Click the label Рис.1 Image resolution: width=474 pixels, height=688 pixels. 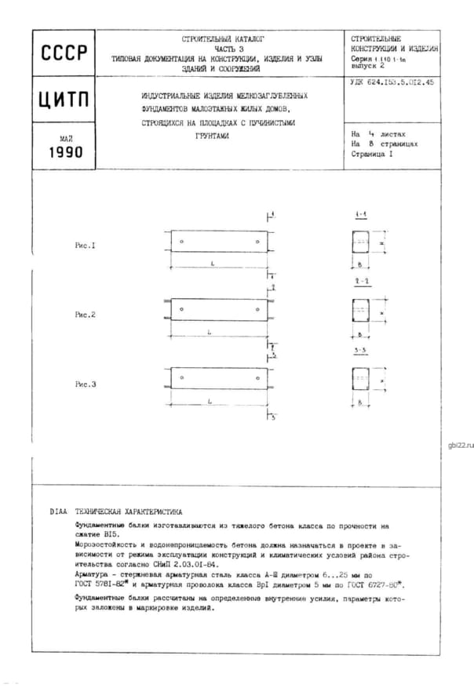coord(85,246)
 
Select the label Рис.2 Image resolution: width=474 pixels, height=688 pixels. coord(85,315)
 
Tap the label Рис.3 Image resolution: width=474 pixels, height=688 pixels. coord(85,384)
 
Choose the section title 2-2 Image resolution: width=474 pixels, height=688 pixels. coord(361,280)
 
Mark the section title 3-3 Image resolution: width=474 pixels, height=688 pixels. coord(361,349)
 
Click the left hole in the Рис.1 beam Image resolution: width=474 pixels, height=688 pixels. coord(181,241)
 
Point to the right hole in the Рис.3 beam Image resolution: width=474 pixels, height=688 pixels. coord(259,378)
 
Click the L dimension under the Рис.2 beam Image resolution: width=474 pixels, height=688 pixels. coord(211,333)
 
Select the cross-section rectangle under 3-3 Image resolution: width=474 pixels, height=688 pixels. coord(362,380)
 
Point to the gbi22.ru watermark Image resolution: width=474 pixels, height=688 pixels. coord(460,445)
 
